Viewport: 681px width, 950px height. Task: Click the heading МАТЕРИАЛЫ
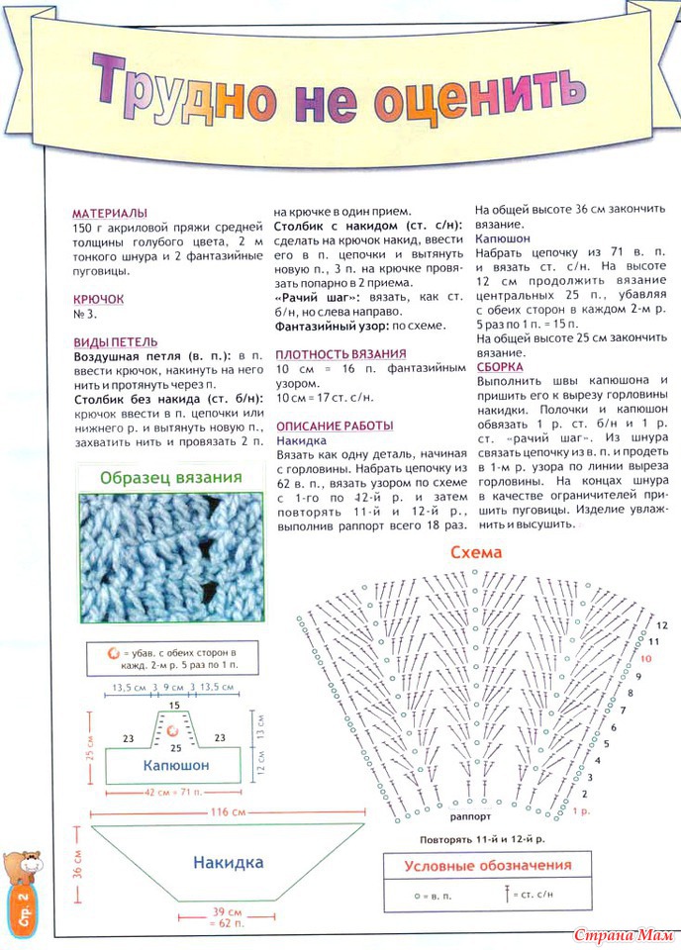click(x=110, y=213)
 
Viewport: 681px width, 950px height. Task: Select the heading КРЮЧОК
click(x=98, y=298)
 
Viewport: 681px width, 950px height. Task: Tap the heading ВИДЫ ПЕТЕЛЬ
click(x=115, y=341)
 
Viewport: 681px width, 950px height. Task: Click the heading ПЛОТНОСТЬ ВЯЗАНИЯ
click(x=340, y=354)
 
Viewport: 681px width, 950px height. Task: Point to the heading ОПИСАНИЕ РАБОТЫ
click(x=334, y=425)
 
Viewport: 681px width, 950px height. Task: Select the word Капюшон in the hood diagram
click(x=176, y=766)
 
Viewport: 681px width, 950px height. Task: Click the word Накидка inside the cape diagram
click(x=228, y=862)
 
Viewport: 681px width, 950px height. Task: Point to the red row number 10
click(x=645, y=658)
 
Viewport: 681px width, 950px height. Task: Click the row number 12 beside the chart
click(x=661, y=625)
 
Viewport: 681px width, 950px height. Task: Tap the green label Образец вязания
click(x=171, y=478)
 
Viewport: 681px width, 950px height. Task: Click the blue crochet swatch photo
click(x=171, y=555)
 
